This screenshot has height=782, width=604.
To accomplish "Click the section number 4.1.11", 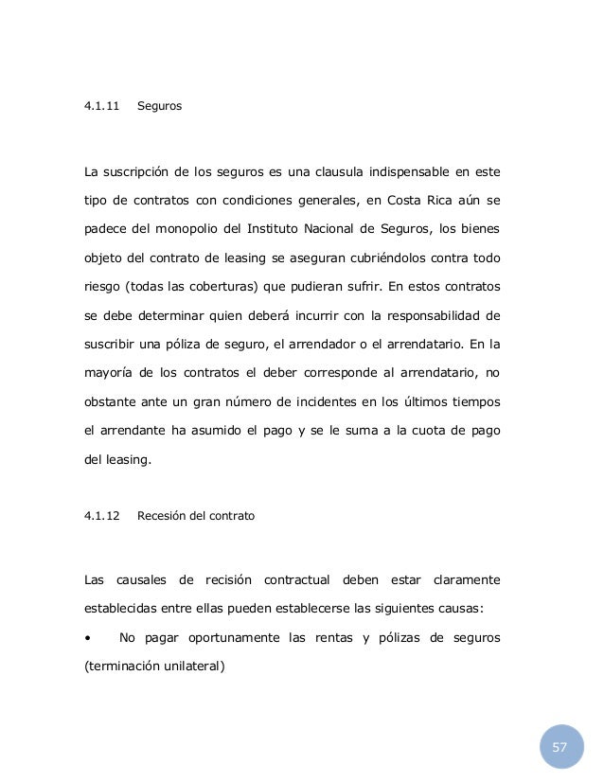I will (102, 107).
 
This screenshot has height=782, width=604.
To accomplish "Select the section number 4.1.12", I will (102, 517).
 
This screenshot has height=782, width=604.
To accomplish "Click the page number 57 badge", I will (560, 748).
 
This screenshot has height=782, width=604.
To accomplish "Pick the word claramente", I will (466, 578).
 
